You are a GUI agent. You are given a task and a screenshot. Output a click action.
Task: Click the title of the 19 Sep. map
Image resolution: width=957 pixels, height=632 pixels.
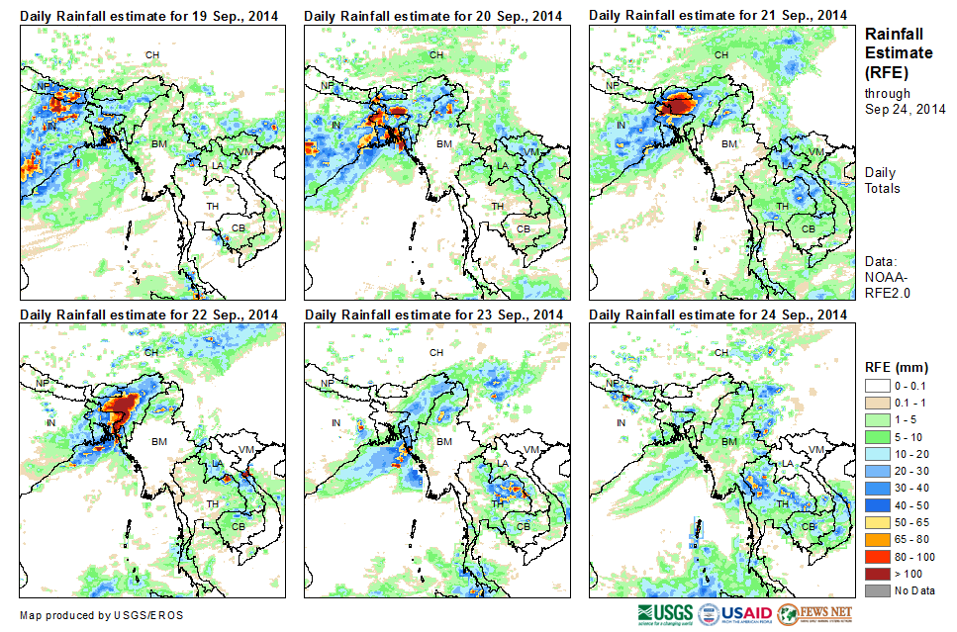coord(149,16)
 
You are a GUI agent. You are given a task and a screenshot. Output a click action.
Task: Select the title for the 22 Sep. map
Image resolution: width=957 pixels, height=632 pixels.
coord(149,315)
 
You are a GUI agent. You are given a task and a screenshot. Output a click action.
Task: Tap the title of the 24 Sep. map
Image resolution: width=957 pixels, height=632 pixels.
coord(719,315)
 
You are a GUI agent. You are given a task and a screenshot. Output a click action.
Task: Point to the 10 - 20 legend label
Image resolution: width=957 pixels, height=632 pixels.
coord(915,453)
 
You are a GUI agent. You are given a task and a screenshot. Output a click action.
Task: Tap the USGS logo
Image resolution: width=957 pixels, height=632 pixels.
coord(665,613)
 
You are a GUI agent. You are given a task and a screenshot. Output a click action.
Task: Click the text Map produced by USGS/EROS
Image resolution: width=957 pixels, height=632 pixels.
coord(101,615)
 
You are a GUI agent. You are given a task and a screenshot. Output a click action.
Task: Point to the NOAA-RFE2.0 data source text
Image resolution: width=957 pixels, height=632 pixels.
coord(888,285)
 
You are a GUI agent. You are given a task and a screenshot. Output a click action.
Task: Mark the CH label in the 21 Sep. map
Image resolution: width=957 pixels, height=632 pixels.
coord(721,54)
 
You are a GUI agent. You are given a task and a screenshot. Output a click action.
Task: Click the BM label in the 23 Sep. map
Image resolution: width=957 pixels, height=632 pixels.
coord(443,441)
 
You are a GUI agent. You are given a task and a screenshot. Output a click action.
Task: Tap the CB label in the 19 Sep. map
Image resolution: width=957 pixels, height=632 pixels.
coord(238,228)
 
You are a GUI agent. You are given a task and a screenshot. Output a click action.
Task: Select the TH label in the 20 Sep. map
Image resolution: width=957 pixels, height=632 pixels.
coord(497,206)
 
